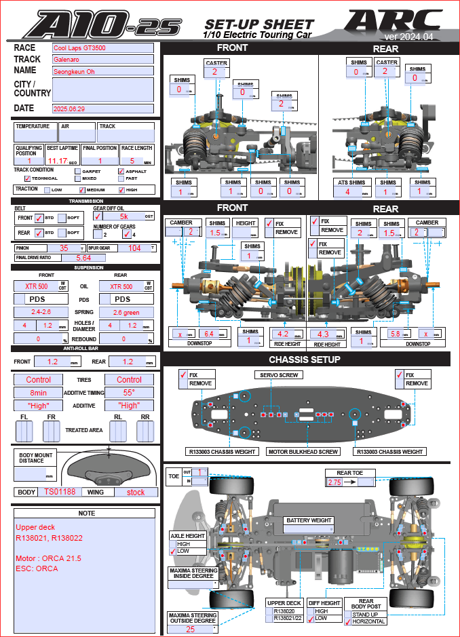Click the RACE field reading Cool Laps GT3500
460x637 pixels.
click(103, 48)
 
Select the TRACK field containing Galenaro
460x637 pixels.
click(103, 60)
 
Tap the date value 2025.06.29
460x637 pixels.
click(103, 108)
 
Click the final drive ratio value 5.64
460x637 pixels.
click(83, 258)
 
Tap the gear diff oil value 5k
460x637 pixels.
click(123, 216)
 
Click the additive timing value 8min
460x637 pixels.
click(39, 393)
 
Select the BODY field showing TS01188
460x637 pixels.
click(59, 492)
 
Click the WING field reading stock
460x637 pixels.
click(136, 492)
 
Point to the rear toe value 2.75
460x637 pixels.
click(334, 482)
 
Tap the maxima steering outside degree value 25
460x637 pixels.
click(191, 629)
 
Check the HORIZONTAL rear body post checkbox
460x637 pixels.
click(348, 621)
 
